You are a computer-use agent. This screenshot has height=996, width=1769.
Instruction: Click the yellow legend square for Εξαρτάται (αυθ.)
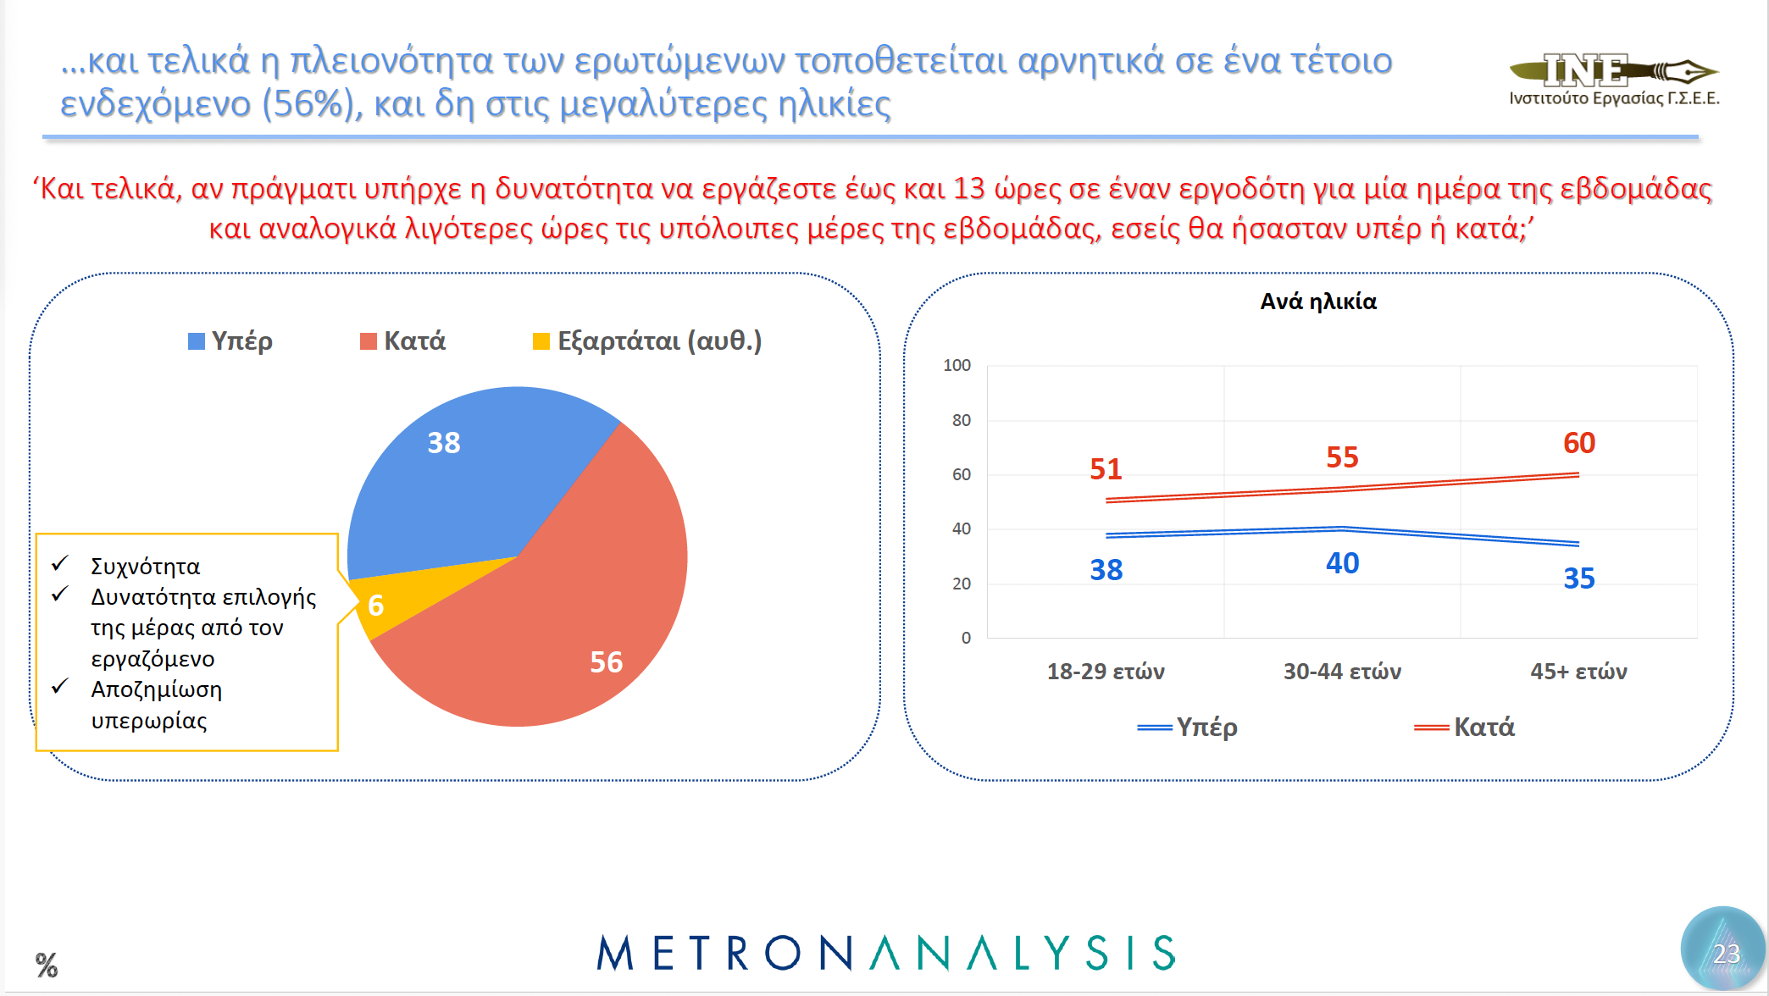(x=541, y=341)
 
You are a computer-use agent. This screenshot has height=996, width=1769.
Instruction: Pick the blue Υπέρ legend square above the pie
(x=197, y=341)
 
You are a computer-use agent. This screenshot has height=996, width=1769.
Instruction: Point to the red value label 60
(x=1579, y=443)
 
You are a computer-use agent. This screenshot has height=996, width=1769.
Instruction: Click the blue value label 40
(x=1342, y=563)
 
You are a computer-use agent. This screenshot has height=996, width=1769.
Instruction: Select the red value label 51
(x=1106, y=469)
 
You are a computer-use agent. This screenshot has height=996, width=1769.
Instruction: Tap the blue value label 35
(x=1578, y=578)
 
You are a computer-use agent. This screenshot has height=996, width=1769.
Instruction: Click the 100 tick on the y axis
(x=957, y=365)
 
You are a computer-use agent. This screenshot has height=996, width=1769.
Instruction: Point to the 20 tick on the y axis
(x=961, y=584)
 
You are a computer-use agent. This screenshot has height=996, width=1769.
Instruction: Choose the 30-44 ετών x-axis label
(x=1342, y=672)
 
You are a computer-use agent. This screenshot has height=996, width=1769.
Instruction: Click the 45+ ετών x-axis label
(x=1578, y=672)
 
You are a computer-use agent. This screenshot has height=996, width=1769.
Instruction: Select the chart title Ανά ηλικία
(x=1318, y=302)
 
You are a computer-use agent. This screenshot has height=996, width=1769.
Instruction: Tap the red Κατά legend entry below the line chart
(x=1466, y=727)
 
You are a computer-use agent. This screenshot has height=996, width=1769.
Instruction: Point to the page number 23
(x=1726, y=954)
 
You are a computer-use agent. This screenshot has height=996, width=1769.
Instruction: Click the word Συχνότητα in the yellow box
(x=145, y=567)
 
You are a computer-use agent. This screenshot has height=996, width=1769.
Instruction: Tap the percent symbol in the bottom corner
(x=47, y=965)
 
